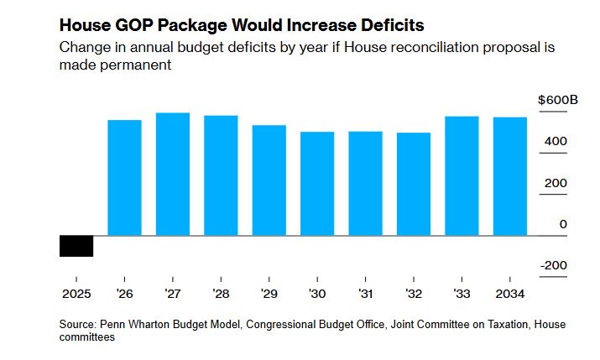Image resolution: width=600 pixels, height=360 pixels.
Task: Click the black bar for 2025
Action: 76,246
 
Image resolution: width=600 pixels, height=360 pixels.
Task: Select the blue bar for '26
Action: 124,178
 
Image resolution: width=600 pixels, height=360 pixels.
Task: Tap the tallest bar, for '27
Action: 173,175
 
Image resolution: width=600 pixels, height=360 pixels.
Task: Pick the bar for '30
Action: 317,184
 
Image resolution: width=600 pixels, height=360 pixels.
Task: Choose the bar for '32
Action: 414,185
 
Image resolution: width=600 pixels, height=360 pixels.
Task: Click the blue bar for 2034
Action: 510,176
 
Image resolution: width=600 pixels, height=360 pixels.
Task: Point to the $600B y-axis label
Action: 558,101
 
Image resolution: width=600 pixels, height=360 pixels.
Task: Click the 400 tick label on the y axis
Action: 555,142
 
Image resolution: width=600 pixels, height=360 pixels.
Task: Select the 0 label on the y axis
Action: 563,224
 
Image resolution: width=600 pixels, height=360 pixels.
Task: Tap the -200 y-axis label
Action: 553,265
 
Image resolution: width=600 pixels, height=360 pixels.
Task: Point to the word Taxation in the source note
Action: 505,324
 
